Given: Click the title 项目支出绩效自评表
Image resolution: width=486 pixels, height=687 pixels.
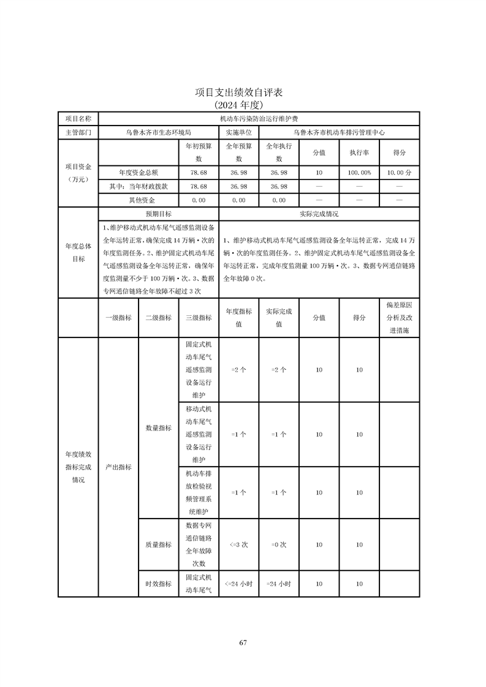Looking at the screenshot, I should point(243,92).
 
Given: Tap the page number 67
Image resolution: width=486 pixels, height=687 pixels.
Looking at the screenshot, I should point(243,642).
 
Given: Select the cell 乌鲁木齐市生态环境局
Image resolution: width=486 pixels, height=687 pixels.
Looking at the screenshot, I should point(158,132).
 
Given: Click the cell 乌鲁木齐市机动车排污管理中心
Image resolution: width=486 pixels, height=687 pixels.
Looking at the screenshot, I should point(339,132).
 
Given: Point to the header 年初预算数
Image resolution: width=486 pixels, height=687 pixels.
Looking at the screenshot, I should point(199,152).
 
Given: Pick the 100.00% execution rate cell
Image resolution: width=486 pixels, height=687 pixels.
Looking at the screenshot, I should point(359,173).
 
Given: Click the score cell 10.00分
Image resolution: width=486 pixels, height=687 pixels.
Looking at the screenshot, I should point(399,173).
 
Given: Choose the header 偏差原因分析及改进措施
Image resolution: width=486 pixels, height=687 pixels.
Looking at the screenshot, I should point(399,317).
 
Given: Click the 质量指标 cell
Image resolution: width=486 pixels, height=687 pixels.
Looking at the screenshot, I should point(158,544).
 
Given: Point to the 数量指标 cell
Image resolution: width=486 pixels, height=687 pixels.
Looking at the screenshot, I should point(158,428).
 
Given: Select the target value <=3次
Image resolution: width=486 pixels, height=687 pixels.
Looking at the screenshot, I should point(238,544).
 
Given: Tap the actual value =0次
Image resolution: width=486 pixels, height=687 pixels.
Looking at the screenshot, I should point(279,544).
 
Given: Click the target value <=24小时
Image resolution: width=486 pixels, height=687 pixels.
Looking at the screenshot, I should point(238,584).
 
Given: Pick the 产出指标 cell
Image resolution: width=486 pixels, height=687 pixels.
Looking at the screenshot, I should point(118,467).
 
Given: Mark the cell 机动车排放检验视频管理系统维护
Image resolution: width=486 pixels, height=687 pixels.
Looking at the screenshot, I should point(199,492).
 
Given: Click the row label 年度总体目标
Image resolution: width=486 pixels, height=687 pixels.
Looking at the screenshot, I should point(78,252).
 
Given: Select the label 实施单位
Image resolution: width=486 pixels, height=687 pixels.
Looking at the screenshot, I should point(238,132).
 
